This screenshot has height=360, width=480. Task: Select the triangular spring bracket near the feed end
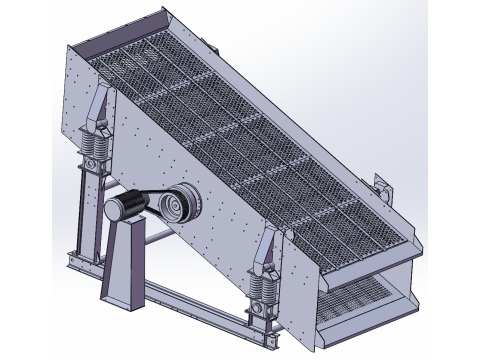(x=101, y=110)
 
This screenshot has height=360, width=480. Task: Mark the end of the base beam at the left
(x=73, y=262)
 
